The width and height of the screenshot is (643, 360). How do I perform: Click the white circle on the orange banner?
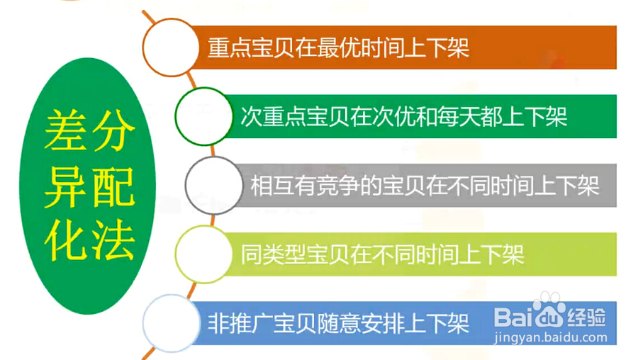click(x=171, y=47)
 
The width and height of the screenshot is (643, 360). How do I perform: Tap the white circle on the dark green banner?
click(x=203, y=116)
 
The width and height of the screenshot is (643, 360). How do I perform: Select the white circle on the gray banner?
click(x=213, y=186)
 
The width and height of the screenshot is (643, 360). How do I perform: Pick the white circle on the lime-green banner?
click(x=203, y=254)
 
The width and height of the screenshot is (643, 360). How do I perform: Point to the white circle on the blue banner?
click(x=171, y=323)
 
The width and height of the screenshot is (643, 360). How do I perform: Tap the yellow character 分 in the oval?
click(x=112, y=130)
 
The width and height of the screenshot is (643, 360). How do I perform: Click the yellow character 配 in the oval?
click(x=112, y=186)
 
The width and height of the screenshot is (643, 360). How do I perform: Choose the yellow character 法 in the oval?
click(x=112, y=240)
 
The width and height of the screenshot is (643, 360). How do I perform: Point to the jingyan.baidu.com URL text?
click(x=551, y=337)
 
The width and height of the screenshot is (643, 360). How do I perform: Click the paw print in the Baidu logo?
click(x=548, y=310)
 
